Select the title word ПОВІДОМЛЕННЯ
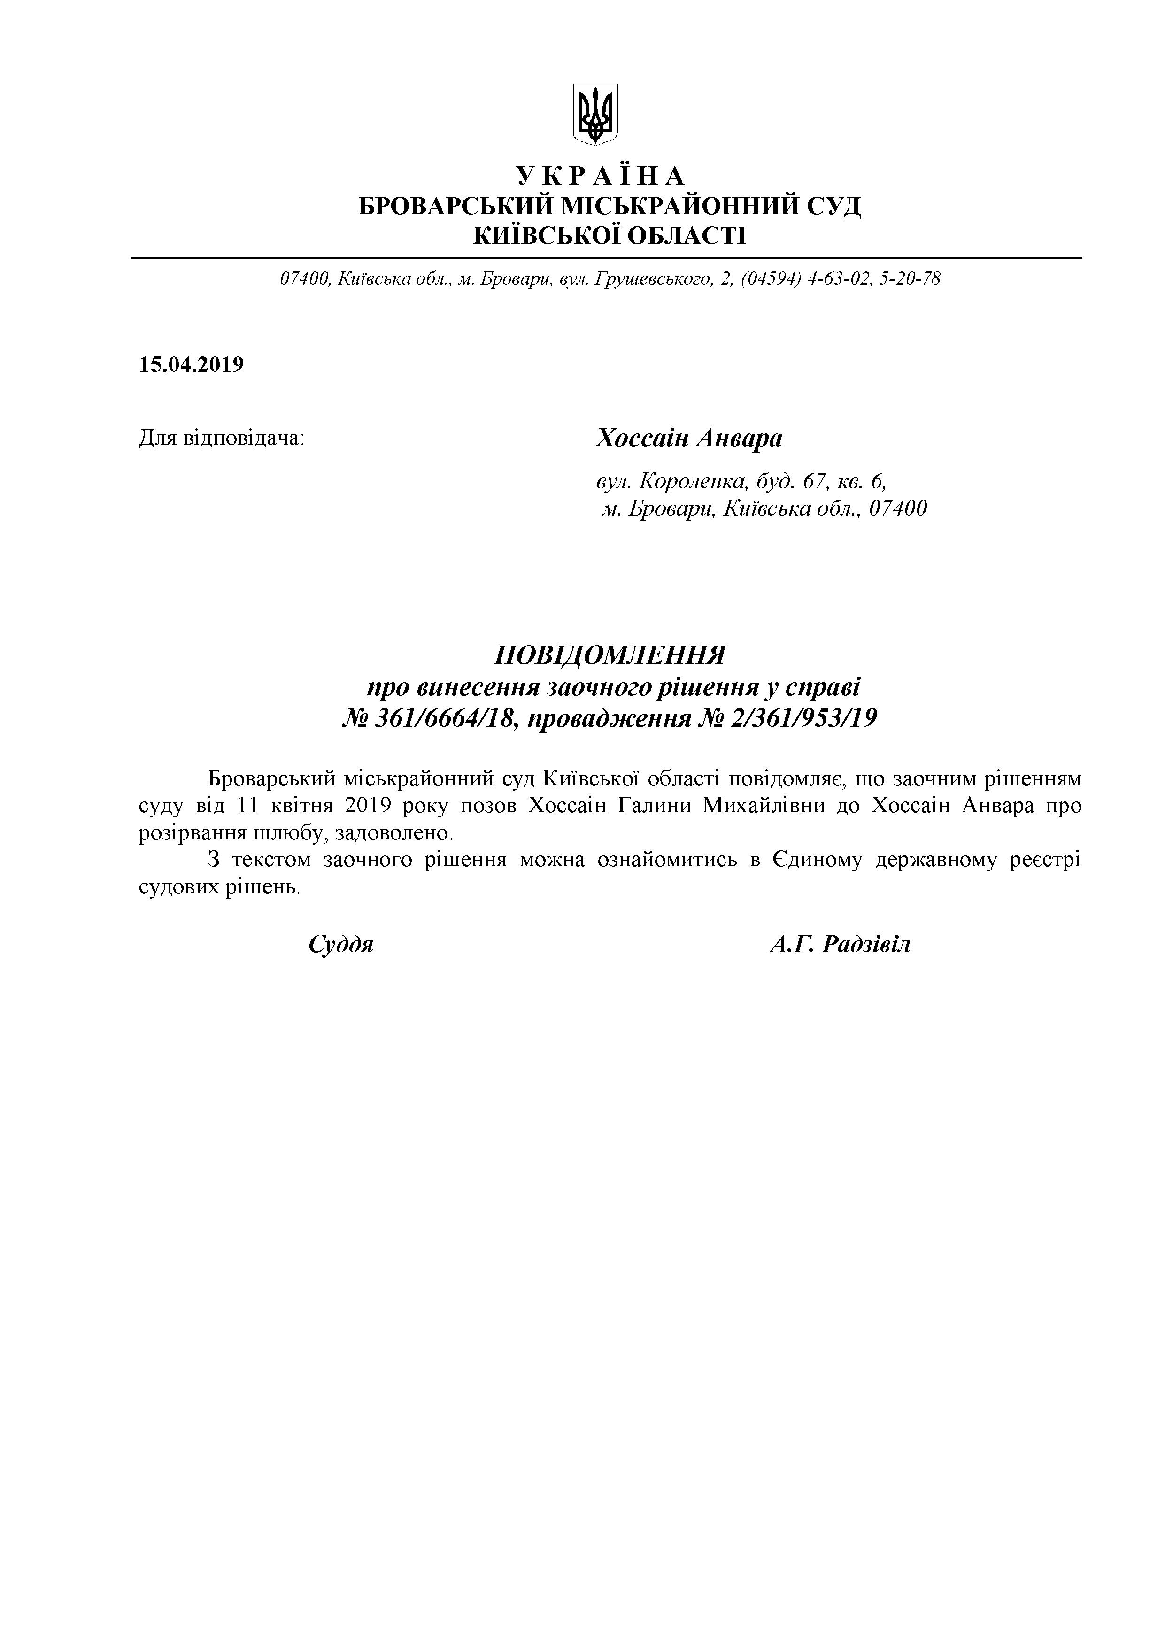pyautogui.click(x=610, y=655)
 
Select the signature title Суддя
pyautogui.click(x=341, y=944)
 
